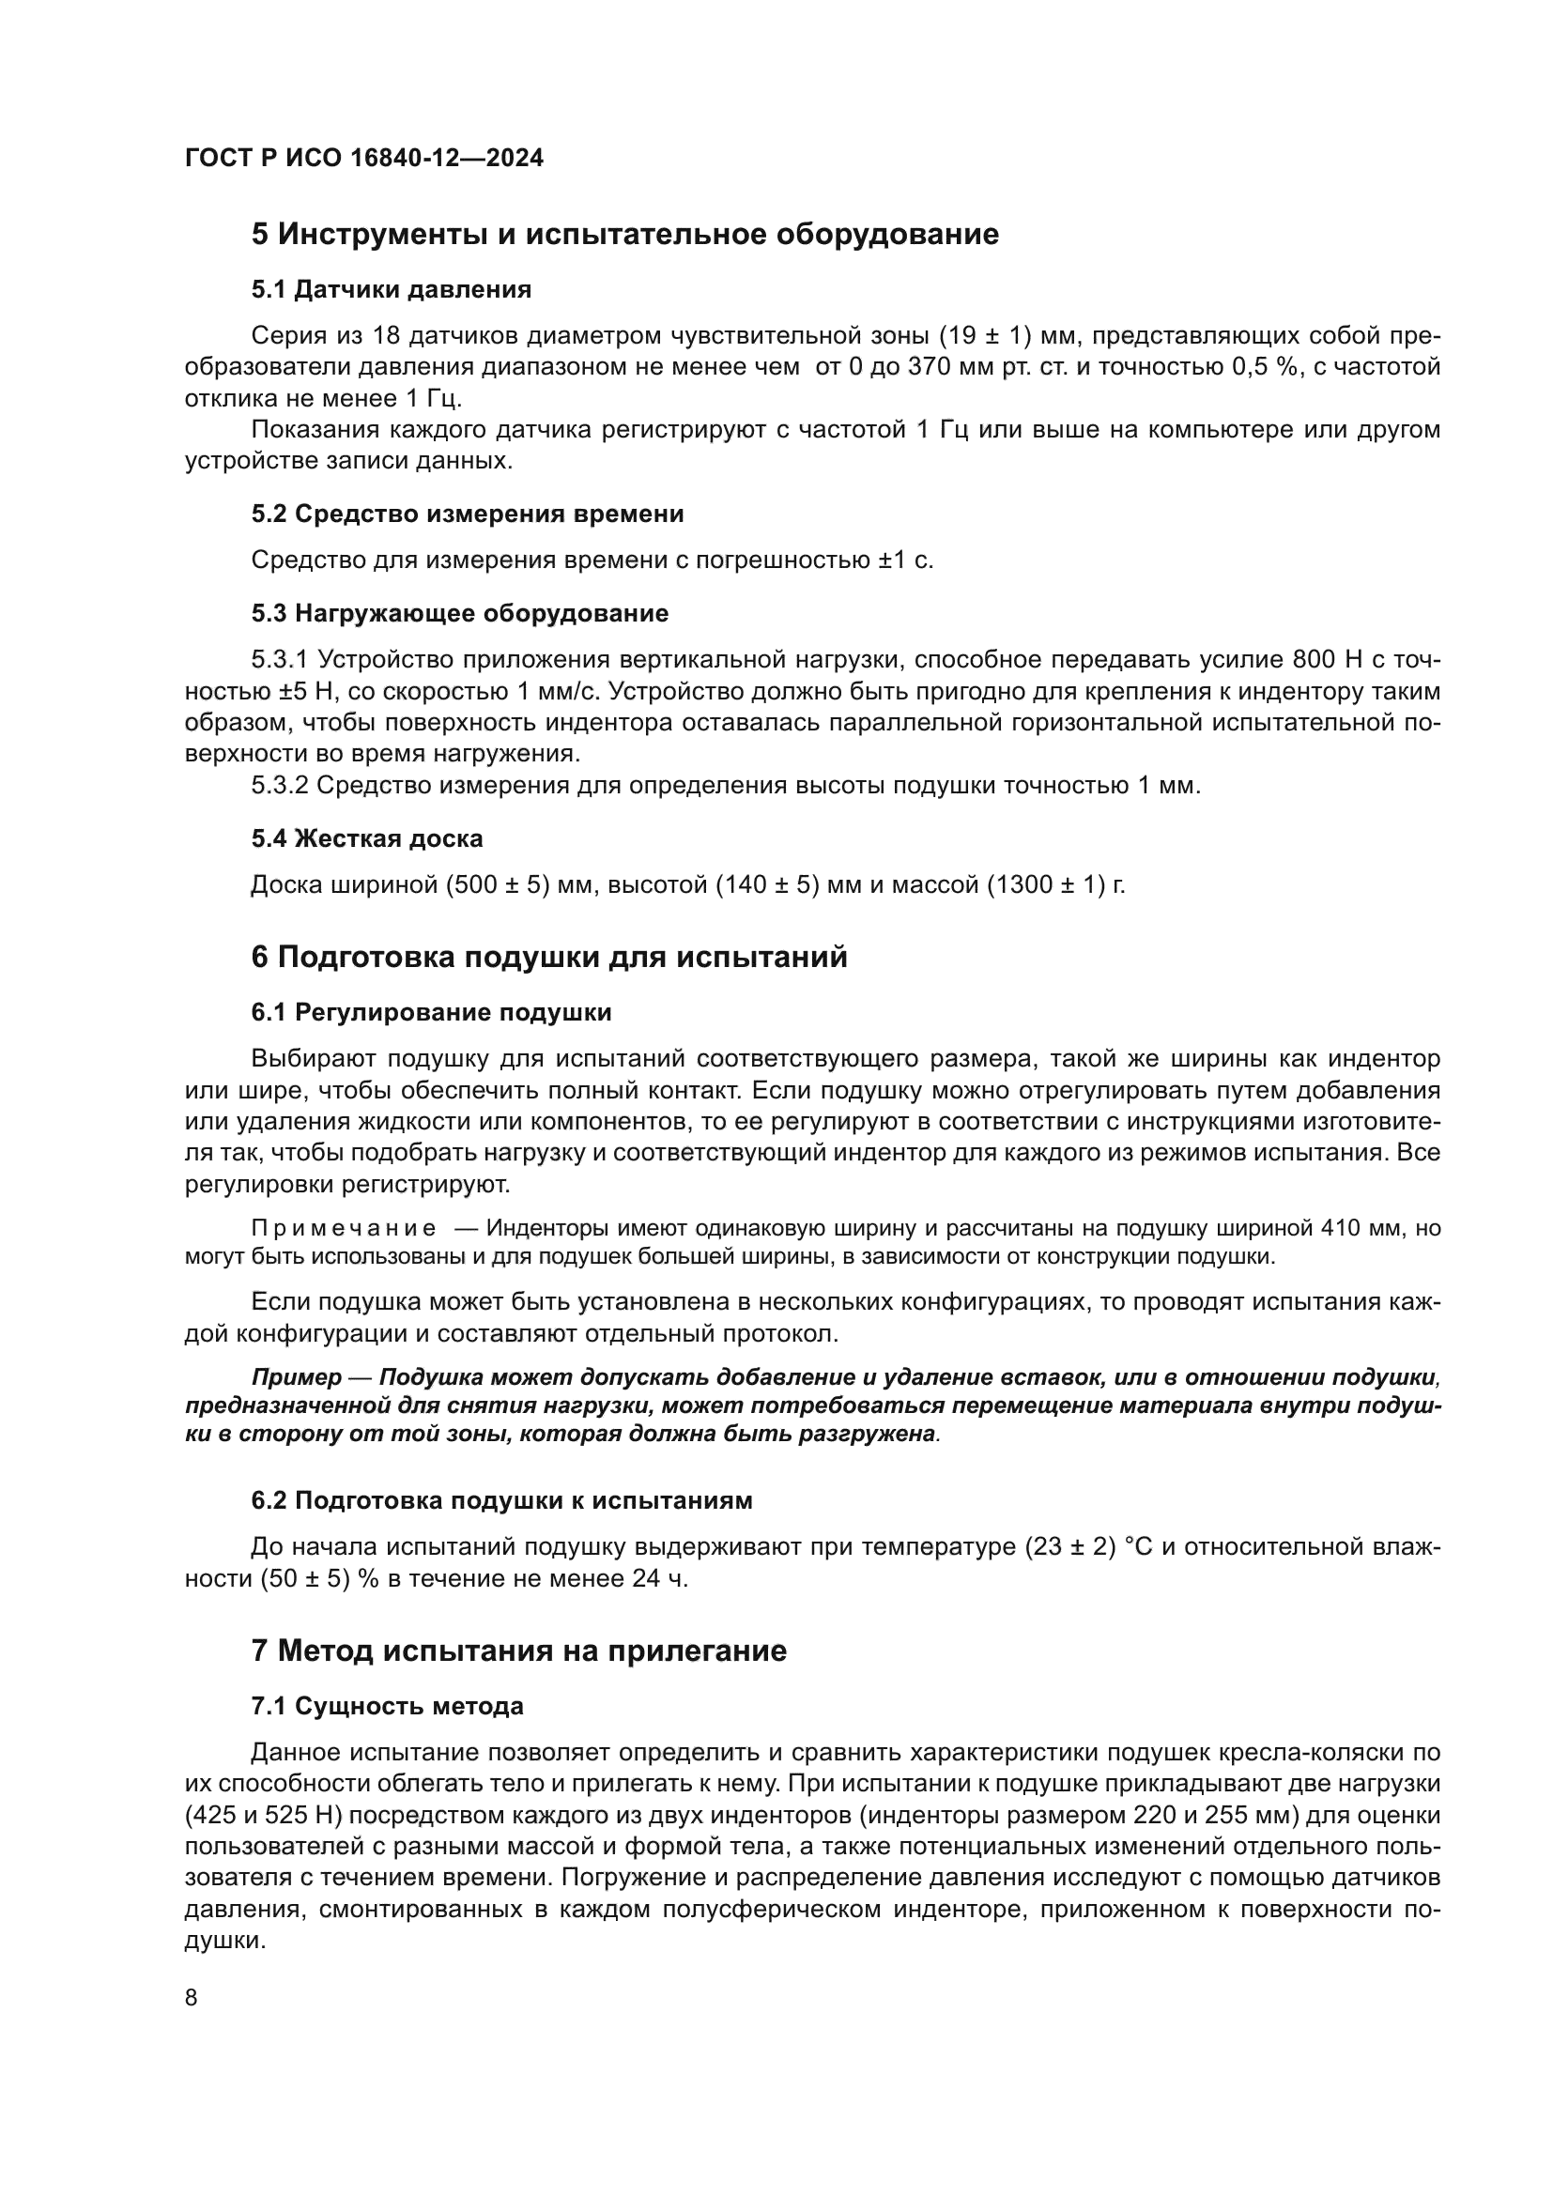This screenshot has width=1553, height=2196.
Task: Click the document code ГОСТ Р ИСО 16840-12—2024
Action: tap(363, 159)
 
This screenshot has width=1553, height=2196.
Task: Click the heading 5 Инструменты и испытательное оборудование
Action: tap(624, 235)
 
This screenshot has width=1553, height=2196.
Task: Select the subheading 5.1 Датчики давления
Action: tap(391, 289)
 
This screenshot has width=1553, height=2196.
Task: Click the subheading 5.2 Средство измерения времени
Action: tap(467, 514)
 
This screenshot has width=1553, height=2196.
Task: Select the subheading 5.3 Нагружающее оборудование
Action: tap(459, 614)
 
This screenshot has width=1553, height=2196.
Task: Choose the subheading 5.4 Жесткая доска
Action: tap(366, 838)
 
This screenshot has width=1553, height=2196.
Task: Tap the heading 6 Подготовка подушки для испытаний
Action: tap(549, 958)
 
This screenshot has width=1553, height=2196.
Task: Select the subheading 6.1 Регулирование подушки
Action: tap(431, 1012)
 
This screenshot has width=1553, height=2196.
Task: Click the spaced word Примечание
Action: tap(344, 1228)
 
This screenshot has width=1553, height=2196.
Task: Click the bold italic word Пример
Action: tap(296, 1377)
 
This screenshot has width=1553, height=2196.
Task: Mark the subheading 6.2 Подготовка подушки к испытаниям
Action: tap(501, 1500)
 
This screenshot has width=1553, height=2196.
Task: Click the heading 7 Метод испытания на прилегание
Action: tap(518, 1651)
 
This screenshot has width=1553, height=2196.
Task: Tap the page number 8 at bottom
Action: tap(192, 1998)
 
